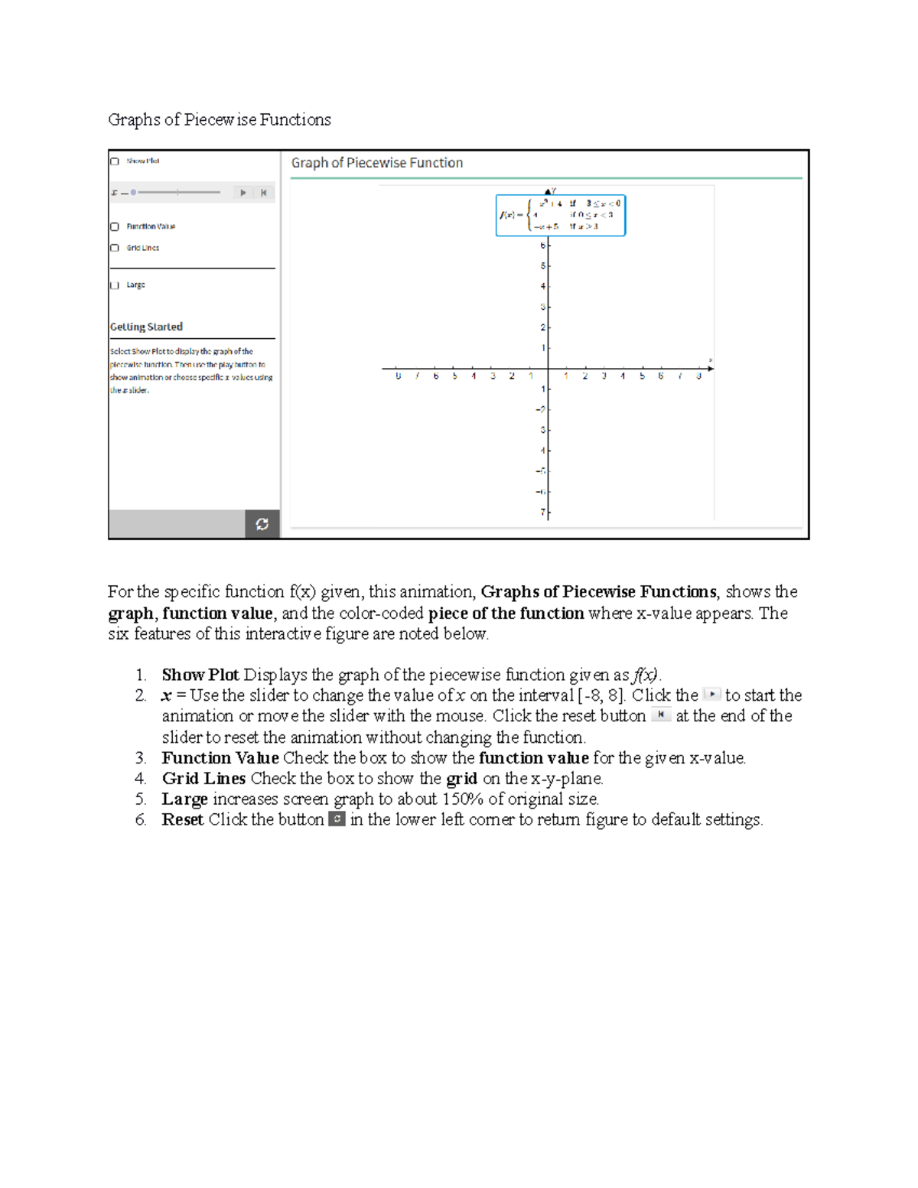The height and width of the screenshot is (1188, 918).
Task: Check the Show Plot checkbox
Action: [x=115, y=161]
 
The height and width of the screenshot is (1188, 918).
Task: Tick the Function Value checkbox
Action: [x=115, y=226]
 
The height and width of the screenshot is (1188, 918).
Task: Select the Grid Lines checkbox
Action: [x=115, y=248]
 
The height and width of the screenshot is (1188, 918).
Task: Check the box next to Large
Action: [x=115, y=285]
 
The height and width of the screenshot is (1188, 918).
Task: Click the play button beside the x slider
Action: [x=243, y=193]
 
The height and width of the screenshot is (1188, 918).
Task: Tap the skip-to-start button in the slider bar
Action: [x=263, y=193]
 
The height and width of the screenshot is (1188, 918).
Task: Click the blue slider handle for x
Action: [x=133, y=193]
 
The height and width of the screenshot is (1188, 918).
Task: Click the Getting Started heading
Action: [x=146, y=327]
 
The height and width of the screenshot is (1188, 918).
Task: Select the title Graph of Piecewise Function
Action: [x=376, y=163]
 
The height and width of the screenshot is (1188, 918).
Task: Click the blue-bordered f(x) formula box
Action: [x=560, y=215]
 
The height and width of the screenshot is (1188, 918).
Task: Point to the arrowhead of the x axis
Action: [x=711, y=369]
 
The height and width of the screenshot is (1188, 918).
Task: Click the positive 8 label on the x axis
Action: [x=698, y=376]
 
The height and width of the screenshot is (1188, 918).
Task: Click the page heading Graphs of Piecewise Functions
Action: [x=220, y=120]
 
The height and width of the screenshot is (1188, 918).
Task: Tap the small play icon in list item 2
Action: [x=711, y=695]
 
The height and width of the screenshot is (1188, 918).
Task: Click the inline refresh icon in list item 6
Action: [x=337, y=819]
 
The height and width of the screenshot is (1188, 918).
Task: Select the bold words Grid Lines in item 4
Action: [x=203, y=779]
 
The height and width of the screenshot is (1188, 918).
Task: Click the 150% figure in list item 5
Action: [x=462, y=799]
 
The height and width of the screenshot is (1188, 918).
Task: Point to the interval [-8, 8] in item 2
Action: [x=601, y=695]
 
